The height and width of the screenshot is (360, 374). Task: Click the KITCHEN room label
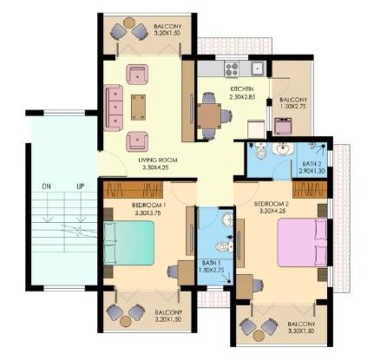[241, 90]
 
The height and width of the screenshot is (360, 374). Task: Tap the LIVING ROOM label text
[158, 160]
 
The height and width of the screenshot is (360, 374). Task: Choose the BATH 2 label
[312, 164]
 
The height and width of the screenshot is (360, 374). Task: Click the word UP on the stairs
[80, 187]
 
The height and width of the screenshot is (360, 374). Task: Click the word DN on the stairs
[47, 187]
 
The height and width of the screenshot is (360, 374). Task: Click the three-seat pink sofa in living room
[113, 108]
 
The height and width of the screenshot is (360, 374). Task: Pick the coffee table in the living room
[138, 106]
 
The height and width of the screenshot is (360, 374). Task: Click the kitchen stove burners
[231, 67]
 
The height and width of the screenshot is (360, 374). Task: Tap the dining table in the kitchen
[209, 115]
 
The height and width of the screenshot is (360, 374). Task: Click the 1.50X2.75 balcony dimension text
[293, 109]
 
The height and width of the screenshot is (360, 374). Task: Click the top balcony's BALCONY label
[167, 27]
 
